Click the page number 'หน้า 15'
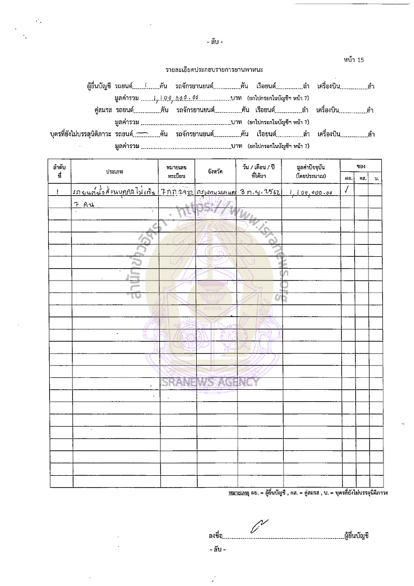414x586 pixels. pyautogui.click(x=354, y=60)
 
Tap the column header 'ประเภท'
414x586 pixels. pyautogui.click(x=114, y=171)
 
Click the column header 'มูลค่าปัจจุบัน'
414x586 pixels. pyautogui.click(x=310, y=172)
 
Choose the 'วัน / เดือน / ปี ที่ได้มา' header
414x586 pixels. pyautogui.click(x=258, y=172)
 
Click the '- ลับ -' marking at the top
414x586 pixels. pyautogui.click(x=214, y=41)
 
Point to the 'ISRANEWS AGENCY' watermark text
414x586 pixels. pyautogui.click(x=210, y=383)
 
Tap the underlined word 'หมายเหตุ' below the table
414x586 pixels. pyautogui.click(x=236, y=493)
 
